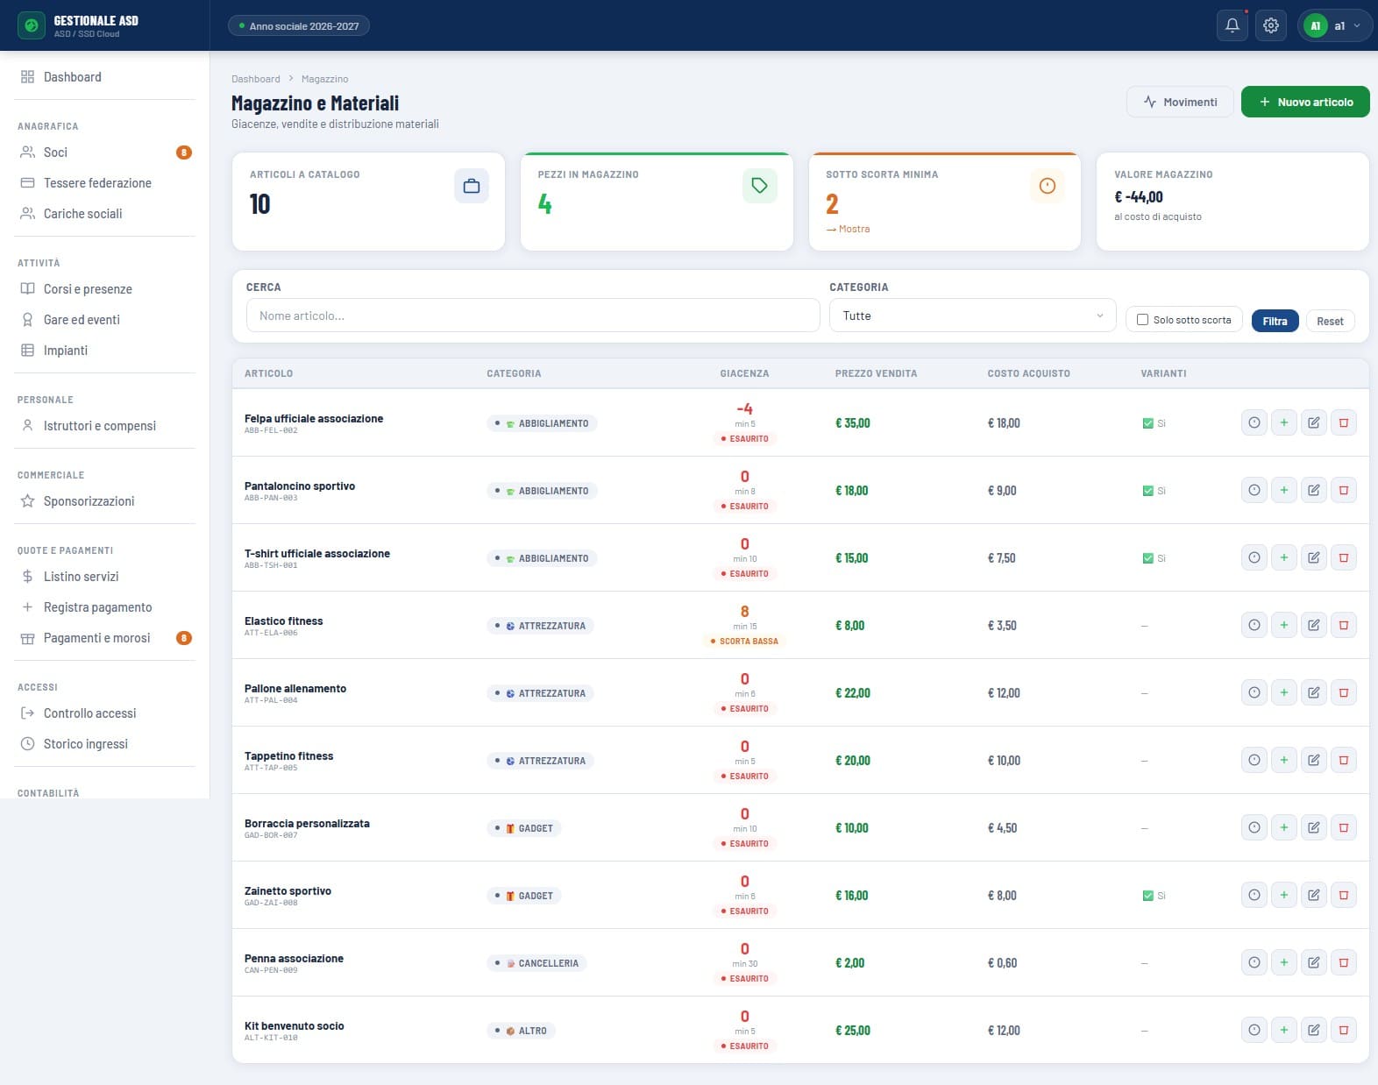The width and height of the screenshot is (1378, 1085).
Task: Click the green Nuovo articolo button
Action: pyautogui.click(x=1305, y=102)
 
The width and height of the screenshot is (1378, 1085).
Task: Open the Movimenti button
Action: pyautogui.click(x=1180, y=102)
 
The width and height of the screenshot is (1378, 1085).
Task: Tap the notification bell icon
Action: pyautogui.click(x=1232, y=25)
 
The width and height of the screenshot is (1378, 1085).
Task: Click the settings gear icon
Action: pyautogui.click(x=1270, y=25)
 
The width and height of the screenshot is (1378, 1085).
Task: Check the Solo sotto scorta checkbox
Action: pyautogui.click(x=1142, y=319)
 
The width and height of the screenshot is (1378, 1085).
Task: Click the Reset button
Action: pyautogui.click(x=1330, y=321)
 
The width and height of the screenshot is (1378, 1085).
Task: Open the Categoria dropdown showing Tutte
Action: pyautogui.click(x=972, y=316)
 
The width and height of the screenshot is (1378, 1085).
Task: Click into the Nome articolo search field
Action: pyautogui.click(x=533, y=316)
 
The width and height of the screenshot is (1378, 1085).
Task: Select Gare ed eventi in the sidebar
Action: pyautogui.click(x=82, y=319)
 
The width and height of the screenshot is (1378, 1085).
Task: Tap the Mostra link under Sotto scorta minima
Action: pyautogui.click(x=848, y=229)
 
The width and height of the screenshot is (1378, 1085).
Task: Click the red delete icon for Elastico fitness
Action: pyautogui.click(x=1344, y=626)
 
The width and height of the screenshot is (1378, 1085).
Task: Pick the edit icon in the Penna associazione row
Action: pyautogui.click(x=1313, y=962)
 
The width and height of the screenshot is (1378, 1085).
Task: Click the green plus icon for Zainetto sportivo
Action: pyautogui.click(x=1284, y=896)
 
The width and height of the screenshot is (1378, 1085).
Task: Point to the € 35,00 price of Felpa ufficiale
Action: pyautogui.click(x=852, y=423)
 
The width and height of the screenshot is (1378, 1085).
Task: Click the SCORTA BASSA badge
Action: pyautogui.click(x=744, y=642)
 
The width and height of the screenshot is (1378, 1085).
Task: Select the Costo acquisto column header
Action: pyautogui.click(x=1028, y=373)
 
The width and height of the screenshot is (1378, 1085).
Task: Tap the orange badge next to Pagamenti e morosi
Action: pyautogui.click(x=184, y=637)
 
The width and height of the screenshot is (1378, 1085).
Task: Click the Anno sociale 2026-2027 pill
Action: pyautogui.click(x=298, y=25)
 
